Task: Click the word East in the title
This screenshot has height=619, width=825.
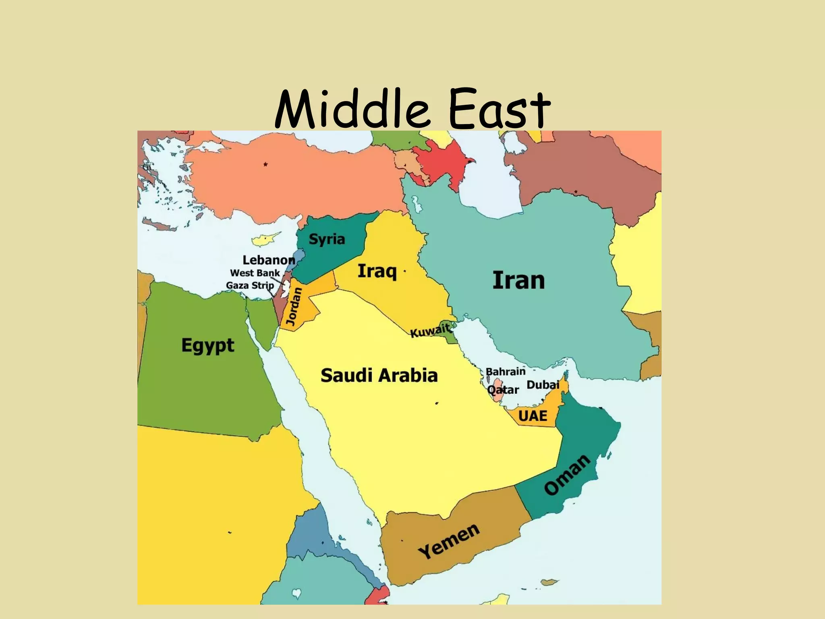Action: pos(500,109)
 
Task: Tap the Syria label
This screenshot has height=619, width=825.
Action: pos(327,239)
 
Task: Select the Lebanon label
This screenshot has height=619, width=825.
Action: pos(269,260)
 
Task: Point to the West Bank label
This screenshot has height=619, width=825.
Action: pos(255,273)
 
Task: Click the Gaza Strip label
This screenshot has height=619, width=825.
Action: pos(250,285)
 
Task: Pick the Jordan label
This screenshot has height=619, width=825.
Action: pos(294,307)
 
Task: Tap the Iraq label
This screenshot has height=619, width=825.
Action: pos(377,271)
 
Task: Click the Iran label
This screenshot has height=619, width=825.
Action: pos(518,280)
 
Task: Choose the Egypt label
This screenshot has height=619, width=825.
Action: pos(207,346)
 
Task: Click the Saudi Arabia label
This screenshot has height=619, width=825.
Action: pos(379,376)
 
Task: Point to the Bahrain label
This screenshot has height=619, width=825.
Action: pos(506,371)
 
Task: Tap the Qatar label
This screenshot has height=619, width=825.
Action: pos(503,390)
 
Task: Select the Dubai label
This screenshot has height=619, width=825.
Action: pos(543,385)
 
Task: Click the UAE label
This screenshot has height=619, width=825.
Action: pos(533,416)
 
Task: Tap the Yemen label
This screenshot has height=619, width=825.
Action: pos(449,541)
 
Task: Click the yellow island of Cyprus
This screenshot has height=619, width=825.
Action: pos(265,240)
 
